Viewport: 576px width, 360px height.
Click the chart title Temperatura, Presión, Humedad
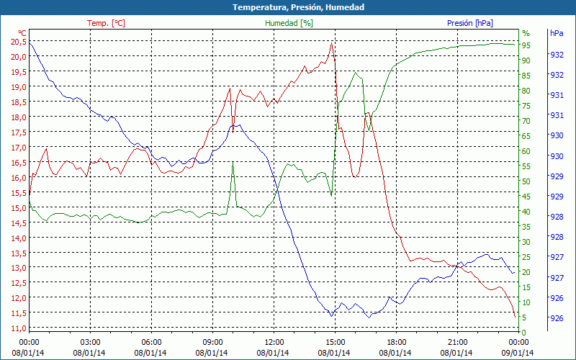coord(288,7)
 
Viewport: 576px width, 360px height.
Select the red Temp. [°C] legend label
coord(106,23)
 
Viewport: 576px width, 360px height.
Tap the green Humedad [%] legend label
coord(289,23)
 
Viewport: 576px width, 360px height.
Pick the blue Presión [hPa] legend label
coord(470,23)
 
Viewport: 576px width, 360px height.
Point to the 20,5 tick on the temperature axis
coord(19,41)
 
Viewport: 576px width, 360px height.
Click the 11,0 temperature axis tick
coord(19,328)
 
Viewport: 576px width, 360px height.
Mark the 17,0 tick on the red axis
coord(19,147)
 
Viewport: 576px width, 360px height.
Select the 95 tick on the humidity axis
coord(526,45)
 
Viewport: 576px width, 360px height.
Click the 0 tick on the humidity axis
coord(524,332)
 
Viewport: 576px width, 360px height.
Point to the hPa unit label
coord(556,33)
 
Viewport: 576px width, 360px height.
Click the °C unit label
coord(22,33)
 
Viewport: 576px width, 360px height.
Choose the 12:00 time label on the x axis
coord(274,342)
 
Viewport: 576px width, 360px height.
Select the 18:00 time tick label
coord(397,342)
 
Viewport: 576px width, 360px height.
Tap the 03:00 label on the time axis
coord(90,342)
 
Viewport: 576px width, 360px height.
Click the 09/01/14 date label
coord(519,353)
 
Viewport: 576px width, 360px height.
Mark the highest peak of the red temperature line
coord(331,43)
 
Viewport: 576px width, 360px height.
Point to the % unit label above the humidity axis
coord(526,33)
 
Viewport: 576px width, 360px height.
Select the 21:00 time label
coord(458,342)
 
